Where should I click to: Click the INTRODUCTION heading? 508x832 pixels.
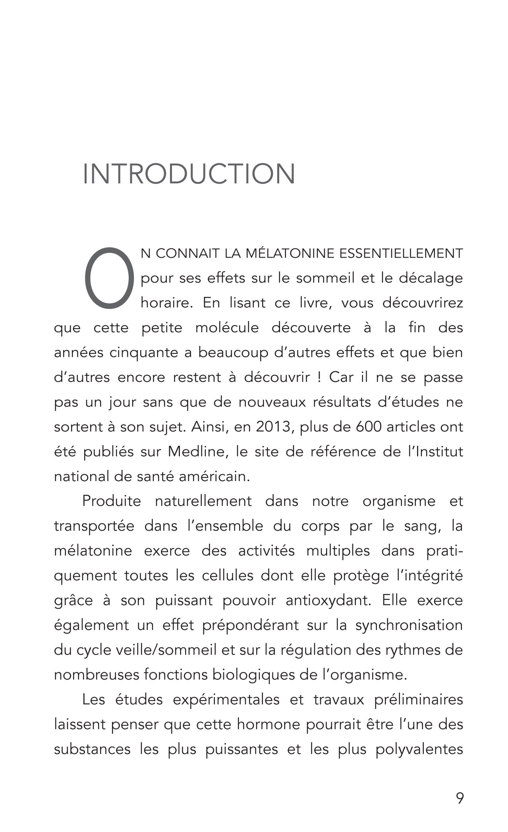coord(189,174)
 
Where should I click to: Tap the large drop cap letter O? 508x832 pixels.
coord(109,278)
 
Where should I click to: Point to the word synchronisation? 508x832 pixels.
coord(409,625)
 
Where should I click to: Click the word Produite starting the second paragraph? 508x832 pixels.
coord(112,501)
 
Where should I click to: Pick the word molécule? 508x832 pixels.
coord(227,328)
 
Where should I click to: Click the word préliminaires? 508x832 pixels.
coord(419,700)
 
